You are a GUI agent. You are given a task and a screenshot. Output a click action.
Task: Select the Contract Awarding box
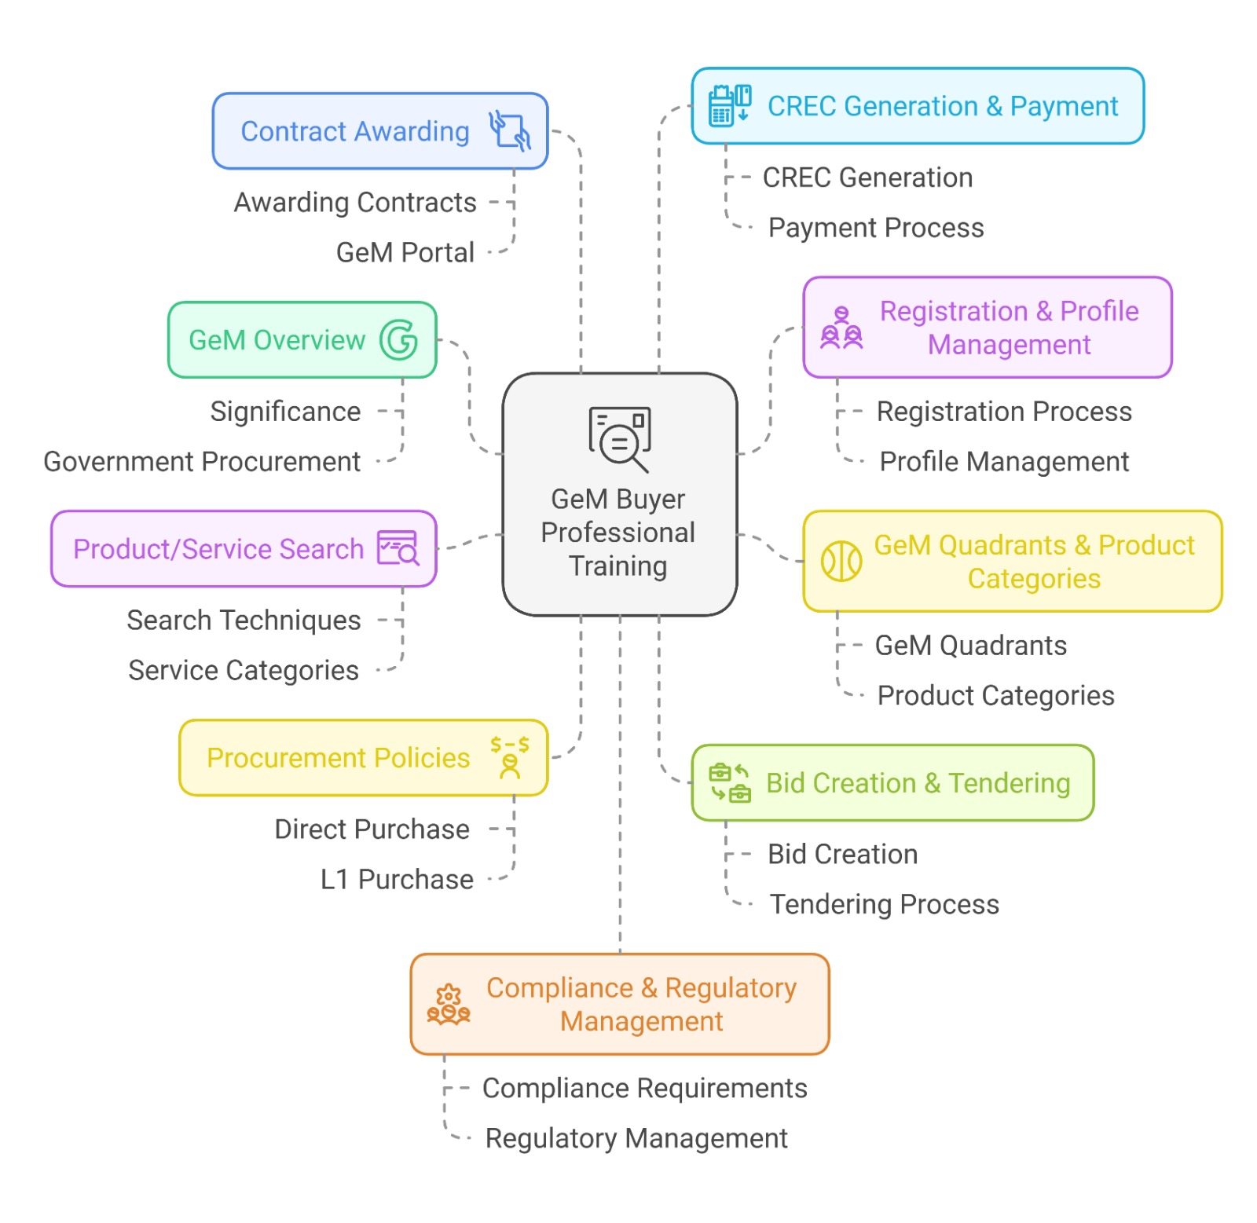coord(379,131)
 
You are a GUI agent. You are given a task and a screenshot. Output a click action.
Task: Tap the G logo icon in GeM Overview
coord(398,340)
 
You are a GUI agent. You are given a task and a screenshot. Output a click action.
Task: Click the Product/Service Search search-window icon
coord(398,548)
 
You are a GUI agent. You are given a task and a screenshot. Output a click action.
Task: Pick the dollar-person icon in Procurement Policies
coord(510,757)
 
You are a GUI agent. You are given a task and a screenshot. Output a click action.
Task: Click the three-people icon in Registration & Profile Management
coord(841,328)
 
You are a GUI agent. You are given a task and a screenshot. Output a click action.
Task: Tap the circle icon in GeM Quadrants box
coord(841,561)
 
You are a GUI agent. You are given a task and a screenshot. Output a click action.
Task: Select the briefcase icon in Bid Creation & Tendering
coord(730,783)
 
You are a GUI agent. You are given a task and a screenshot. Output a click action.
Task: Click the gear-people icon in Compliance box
coord(449,1004)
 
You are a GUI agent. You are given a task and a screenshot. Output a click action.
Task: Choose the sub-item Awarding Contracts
coord(355,203)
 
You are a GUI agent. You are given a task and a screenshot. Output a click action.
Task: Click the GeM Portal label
coord(405,253)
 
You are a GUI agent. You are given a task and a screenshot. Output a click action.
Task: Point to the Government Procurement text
coord(202,462)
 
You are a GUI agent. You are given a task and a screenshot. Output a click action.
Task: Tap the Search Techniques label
coord(244,621)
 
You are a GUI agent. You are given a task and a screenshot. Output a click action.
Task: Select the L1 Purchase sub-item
coord(397,880)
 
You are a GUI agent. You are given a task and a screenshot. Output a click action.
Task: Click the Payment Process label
coord(876,228)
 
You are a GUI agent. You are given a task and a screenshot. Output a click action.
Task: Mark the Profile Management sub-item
coord(1004,462)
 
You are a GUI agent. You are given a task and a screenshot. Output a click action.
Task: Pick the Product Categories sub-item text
coord(995,696)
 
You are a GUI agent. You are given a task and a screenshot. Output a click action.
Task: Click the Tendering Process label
coord(884,905)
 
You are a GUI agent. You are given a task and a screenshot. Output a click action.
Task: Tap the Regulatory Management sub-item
coord(636,1138)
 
